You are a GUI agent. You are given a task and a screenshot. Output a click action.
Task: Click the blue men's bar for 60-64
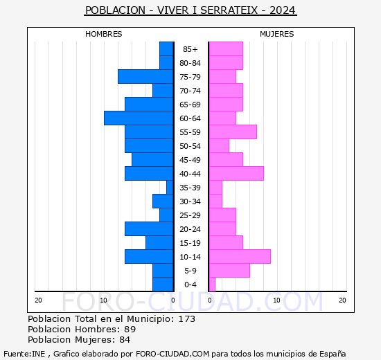click(x=139, y=118)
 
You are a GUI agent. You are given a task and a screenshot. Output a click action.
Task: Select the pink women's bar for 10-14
click(x=240, y=257)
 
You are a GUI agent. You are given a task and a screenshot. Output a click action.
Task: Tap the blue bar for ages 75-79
click(x=145, y=77)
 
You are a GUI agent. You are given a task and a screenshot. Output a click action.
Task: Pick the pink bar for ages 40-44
click(x=236, y=174)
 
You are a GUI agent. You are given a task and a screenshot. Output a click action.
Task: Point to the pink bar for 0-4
click(x=212, y=285)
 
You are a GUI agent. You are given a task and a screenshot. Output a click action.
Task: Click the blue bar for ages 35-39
click(x=170, y=188)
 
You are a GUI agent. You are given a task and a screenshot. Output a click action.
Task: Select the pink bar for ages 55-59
click(x=233, y=132)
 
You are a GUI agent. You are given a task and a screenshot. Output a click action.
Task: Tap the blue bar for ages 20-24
click(x=149, y=229)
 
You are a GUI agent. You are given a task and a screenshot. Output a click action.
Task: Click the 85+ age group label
click(x=190, y=49)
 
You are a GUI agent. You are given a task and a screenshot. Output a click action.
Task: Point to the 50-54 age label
click(x=190, y=146)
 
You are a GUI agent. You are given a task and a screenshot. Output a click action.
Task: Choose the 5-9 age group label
click(x=190, y=271)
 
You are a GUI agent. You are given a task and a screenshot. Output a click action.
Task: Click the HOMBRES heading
click(x=104, y=34)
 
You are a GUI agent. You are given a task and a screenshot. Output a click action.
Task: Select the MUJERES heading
click(x=277, y=34)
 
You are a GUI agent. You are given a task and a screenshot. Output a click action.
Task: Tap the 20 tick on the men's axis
click(x=38, y=300)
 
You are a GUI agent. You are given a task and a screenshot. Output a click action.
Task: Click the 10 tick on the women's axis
click(x=277, y=300)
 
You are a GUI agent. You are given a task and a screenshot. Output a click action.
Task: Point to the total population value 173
click(x=187, y=319)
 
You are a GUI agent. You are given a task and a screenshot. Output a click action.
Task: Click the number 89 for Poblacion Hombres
click(x=130, y=330)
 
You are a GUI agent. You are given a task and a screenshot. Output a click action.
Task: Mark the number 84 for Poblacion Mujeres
click(x=125, y=340)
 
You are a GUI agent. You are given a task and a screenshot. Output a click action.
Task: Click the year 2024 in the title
click(x=283, y=10)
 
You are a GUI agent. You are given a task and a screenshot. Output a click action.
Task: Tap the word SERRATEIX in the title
click(x=229, y=10)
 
